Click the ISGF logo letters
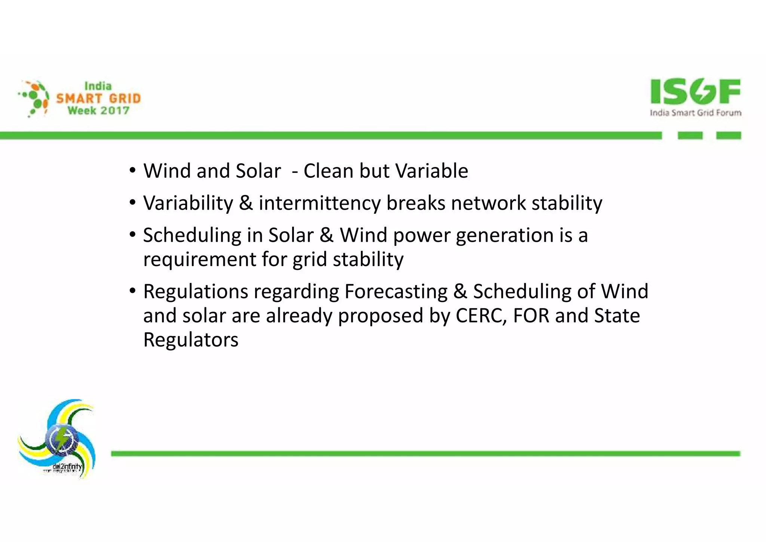point(695,91)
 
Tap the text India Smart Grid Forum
point(695,113)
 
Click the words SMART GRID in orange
point(98,98)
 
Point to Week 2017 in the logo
point(98,111)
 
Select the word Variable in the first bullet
point(432,171)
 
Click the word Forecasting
point(396,292)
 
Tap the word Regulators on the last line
point(191,340)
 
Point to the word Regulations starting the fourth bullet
point(196,292)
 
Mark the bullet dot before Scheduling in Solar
point(132,235)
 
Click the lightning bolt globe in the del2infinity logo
point(62,439)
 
